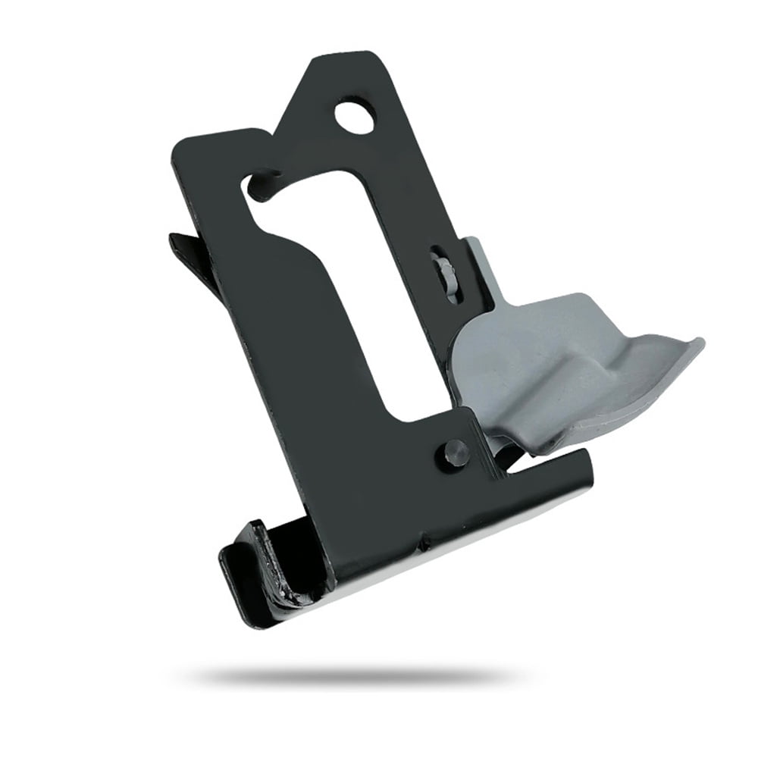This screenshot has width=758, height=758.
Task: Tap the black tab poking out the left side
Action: click(x=182, y=246)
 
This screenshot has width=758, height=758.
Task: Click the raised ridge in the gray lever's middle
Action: click(x=599, y=364)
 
